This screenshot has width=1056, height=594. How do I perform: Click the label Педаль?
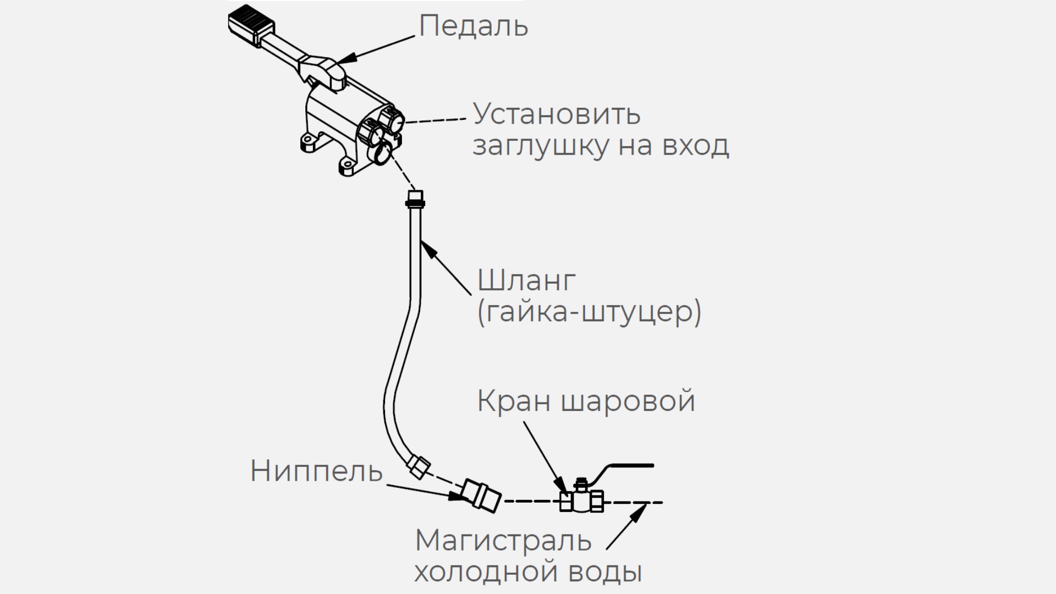[473, 26]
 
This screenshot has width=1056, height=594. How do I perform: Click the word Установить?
[557, 114]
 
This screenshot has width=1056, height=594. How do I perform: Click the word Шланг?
[526, 280]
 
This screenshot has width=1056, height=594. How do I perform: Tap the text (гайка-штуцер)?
[589, 312]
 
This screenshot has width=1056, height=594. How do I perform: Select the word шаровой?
[628, 402]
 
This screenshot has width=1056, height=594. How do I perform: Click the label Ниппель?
[316, 471]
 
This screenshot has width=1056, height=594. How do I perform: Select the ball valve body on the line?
[582, 501]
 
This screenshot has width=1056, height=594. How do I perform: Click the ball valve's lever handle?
[627, 466]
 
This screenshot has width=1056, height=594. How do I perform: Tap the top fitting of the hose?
[415, 199]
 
